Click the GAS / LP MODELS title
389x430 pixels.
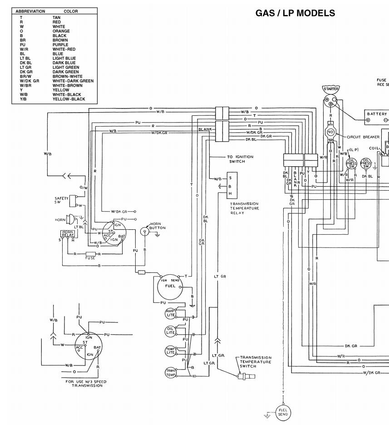[x=295, y=13]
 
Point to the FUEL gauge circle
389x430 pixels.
[x=169, y=286]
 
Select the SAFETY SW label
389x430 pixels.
[x=61, y=200]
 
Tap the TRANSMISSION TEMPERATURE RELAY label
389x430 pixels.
[x=244, y=208]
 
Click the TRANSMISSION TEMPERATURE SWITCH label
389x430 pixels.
[x=256, y=361]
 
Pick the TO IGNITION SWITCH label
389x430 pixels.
[x=240, y=159]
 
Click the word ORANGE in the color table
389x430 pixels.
[x=61, y=31]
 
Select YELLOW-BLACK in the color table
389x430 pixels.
[x=69, y=99]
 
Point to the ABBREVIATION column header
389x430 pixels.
[x=30, y=11]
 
